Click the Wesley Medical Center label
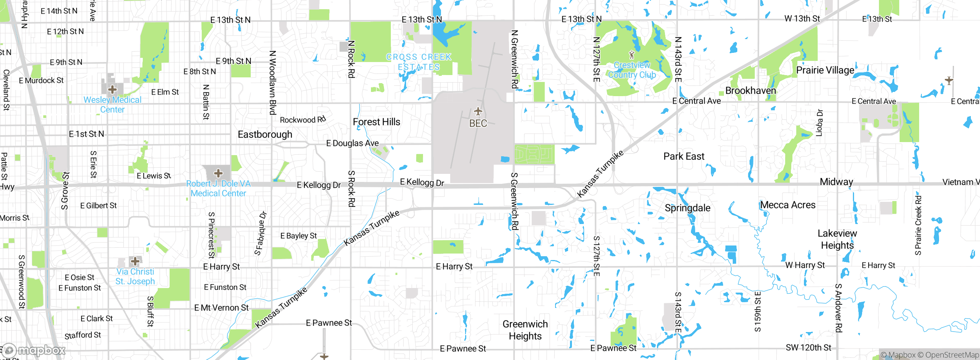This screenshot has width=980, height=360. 112,105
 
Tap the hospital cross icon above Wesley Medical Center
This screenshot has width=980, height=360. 112,90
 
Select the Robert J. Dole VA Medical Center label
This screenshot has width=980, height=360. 218,188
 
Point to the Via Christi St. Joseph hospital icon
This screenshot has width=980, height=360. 135,262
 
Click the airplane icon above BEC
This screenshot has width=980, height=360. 478,111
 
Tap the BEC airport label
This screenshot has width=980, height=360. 478,123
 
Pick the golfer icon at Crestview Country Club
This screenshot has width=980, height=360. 632,55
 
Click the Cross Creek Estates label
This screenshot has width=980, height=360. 419,62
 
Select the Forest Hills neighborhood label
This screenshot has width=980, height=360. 376,122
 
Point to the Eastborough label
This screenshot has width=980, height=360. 265,134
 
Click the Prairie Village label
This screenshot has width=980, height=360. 825,70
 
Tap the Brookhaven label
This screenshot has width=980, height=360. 751,91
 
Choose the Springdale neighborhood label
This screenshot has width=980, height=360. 688,208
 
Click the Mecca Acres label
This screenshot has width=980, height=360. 788,205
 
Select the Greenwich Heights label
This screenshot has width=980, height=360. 525,330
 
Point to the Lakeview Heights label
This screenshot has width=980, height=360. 837,239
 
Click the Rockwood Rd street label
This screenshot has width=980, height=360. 302,119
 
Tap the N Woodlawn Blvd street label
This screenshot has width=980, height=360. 273,83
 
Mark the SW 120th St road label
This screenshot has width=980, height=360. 808,348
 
